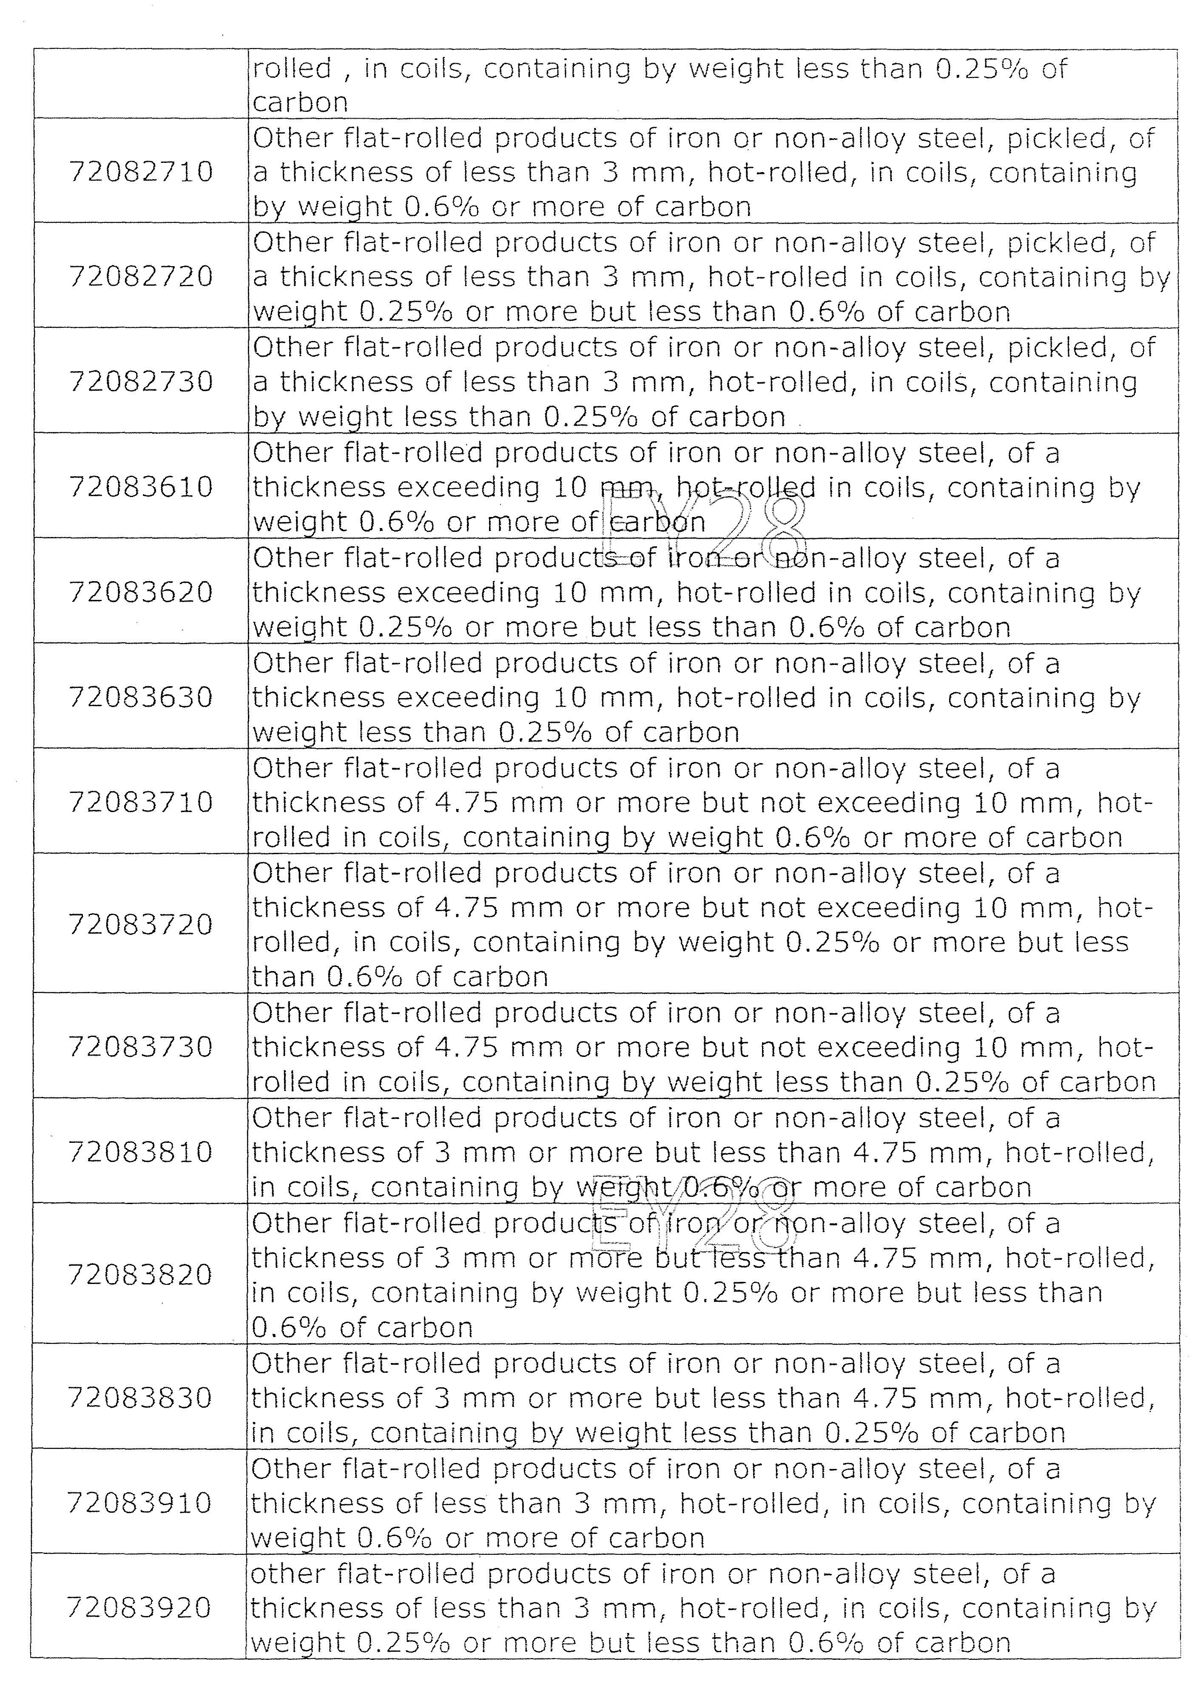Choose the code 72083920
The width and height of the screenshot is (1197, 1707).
pos(140,1608)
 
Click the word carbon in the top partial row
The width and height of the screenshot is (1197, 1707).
pos(300,102)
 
